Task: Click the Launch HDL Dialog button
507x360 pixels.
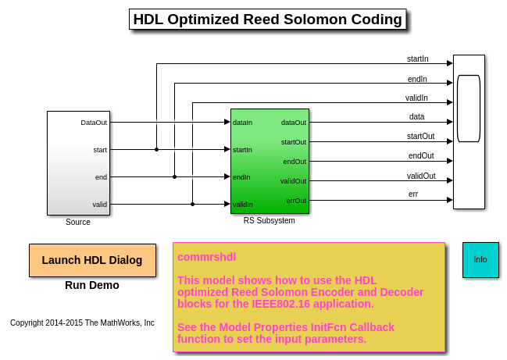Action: tap(92, 260)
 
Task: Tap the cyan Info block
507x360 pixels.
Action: tap(480, 260)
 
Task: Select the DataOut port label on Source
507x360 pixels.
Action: tap(94, 123)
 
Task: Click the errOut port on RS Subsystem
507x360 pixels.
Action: tap(296, 201)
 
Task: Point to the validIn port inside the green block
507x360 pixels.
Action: tap(243, 205)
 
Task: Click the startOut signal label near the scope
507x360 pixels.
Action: tap(420, 136)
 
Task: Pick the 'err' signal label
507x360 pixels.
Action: tap(413, 194)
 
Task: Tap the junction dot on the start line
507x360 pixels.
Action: tap(156, 150)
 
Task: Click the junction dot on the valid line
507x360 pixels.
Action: tap(192, 205)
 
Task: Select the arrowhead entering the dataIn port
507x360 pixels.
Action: tap(227, 122)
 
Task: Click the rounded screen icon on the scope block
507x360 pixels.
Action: tap(469, 109)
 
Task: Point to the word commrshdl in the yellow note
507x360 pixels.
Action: tap(206, 257)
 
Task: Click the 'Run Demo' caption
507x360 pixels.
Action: tap(92, 285)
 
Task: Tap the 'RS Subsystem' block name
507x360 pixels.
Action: tap(269, 220)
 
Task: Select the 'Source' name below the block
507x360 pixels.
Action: tap(78, 222)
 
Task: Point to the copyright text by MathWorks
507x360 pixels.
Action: tap(82, 323)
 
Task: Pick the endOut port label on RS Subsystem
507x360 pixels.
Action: tap(295, 162)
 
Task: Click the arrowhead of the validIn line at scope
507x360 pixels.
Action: tap(450, 102)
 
